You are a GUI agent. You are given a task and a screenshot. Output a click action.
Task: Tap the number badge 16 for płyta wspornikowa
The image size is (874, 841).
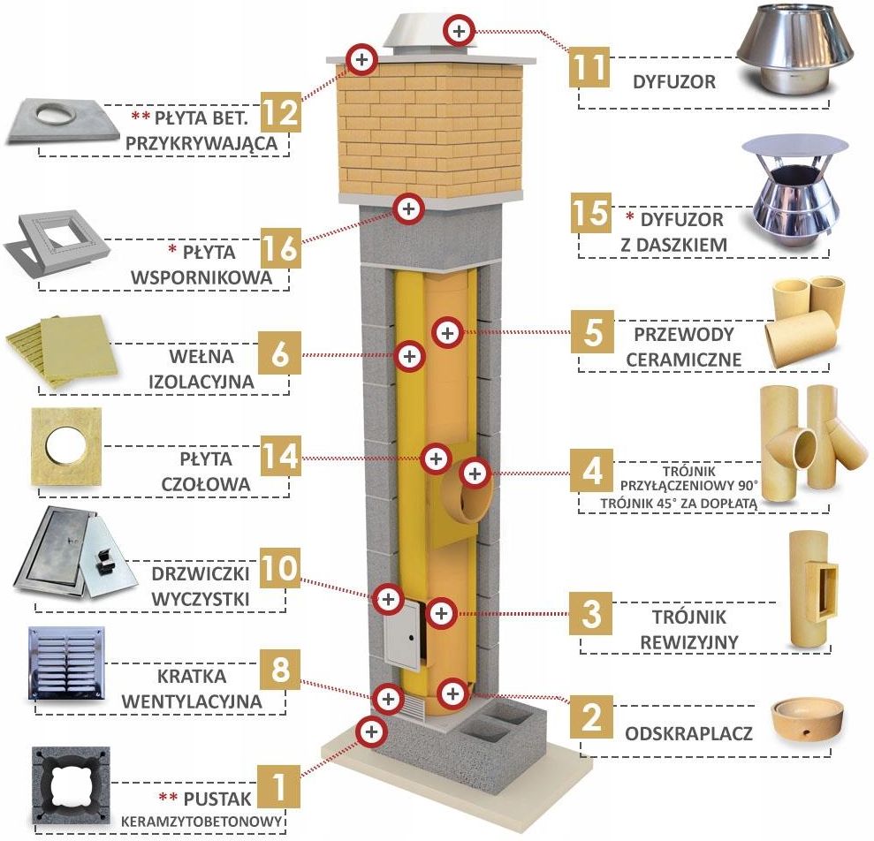280,246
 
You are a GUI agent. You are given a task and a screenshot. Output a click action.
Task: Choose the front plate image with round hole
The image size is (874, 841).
67,447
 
